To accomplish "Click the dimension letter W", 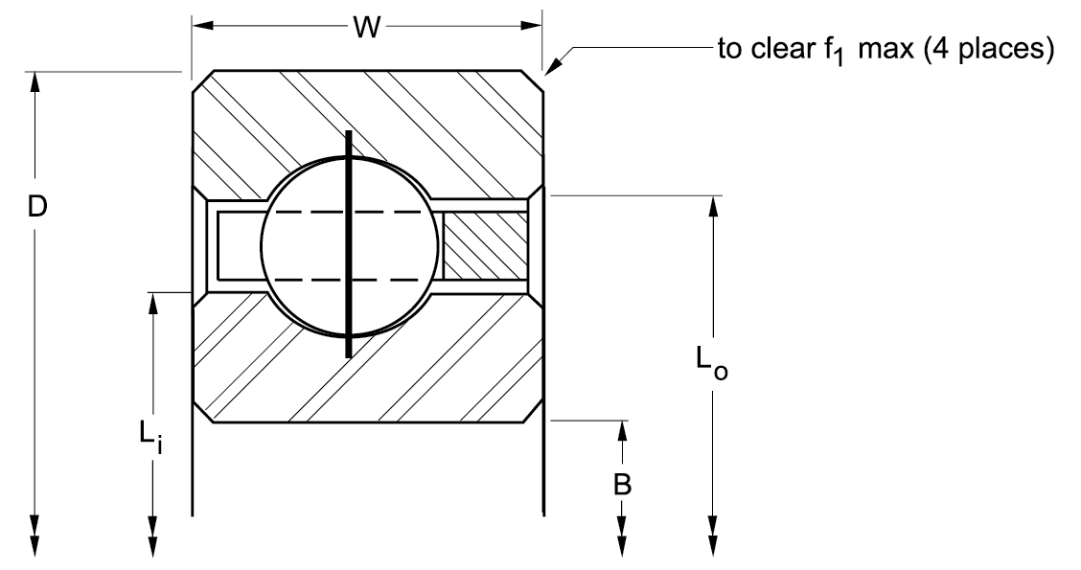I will click(364, 28).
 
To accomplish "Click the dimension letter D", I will click(36, 208).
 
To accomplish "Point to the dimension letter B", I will click(622, 485).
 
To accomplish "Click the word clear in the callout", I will click(782, 47).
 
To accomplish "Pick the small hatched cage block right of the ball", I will click(486, 244).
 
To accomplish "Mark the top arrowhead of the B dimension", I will click(623, 427).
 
